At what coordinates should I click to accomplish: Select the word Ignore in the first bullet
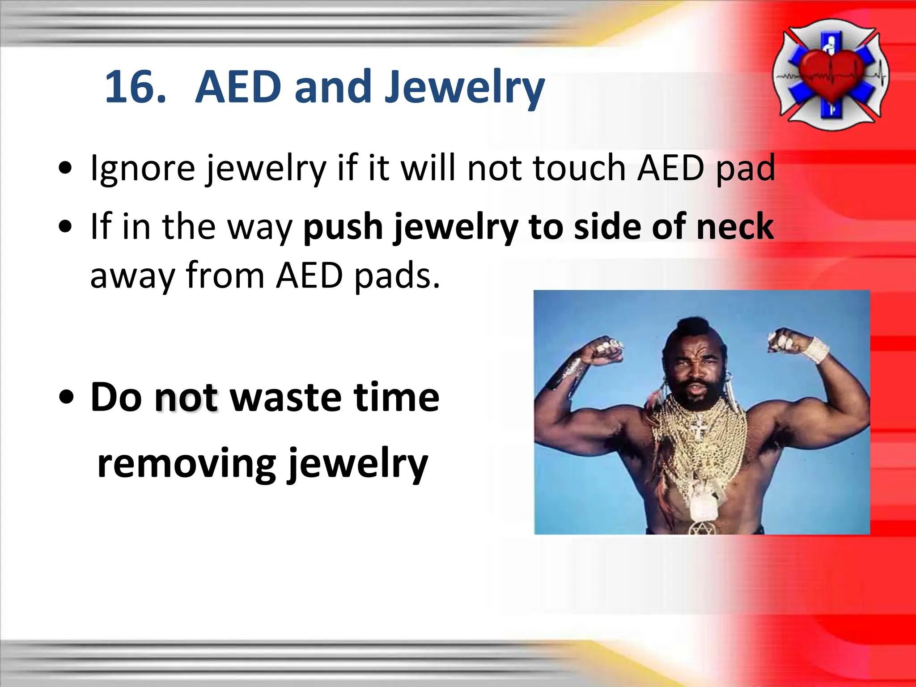(x=142, y=169)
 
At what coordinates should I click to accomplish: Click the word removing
(x=186, y=464)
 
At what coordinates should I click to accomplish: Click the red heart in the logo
(x=831, y=75)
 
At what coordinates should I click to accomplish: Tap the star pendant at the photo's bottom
(x=702, y=528)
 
